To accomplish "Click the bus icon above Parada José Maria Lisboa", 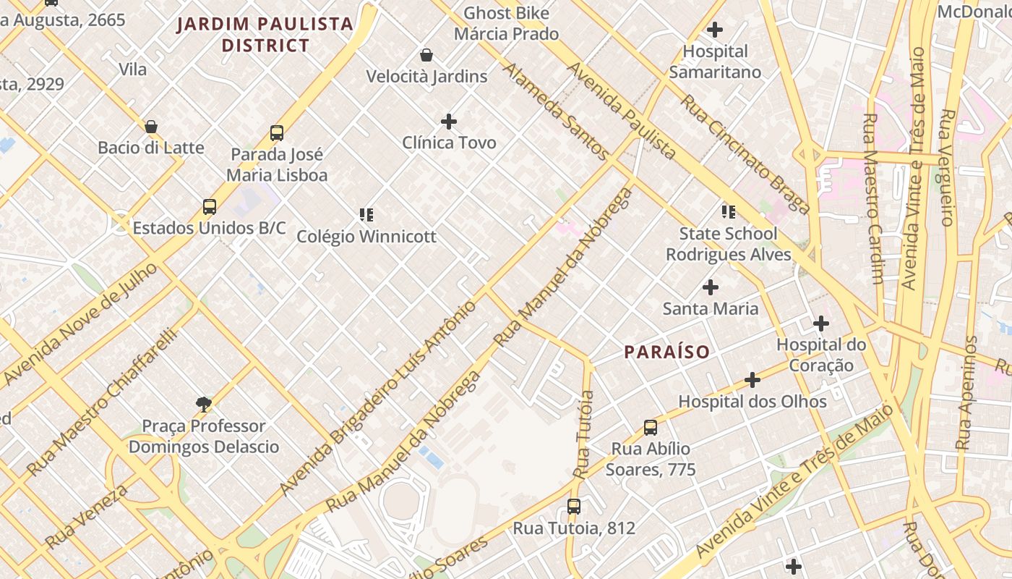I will coord(277,133).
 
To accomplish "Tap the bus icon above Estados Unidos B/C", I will coord(210,207).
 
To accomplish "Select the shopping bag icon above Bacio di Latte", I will coord(151,127).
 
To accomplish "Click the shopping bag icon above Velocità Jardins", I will coord(426,55).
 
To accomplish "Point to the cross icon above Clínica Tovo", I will coord(449,121).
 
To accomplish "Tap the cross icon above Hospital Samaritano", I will coord(715,30).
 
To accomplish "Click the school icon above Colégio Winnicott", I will coord(366,214).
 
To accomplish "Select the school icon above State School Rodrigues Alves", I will coord(729,212).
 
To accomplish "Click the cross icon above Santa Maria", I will coord(711,287).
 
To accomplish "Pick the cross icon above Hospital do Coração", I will coord(821,324).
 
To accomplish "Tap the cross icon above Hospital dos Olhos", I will coord(752,380).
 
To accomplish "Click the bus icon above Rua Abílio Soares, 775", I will coord(651,428).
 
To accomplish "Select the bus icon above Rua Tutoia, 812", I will coord(574,507).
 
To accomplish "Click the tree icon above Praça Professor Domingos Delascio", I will coord(204,405).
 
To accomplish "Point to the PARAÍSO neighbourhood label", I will coord(666,352).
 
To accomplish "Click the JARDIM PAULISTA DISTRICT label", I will coord(265,35).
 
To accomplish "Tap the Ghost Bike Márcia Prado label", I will coord(506,23).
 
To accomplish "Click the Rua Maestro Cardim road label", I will coord(874,199).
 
